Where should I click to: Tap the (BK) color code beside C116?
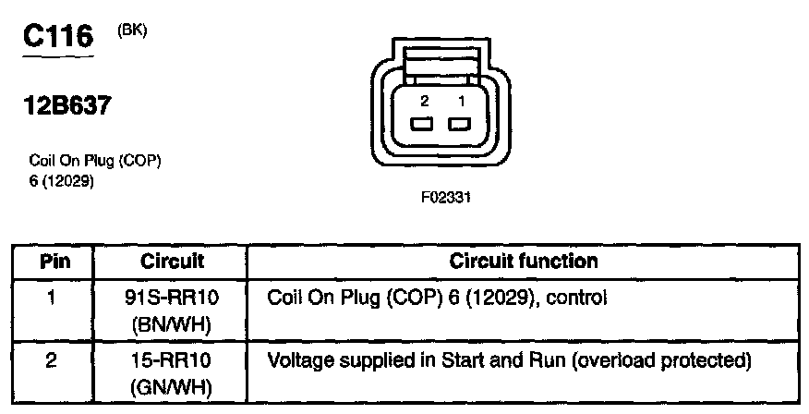[x=132, y=30]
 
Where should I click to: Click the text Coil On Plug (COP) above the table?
[x=96, y=162]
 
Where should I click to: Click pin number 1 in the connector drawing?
[x=459, y=101]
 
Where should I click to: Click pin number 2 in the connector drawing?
[x=424, y=101]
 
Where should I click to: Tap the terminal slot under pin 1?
[x=459, y=125]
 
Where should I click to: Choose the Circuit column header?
[x=172, y=262]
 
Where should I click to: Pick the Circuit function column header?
[x=524, y=262]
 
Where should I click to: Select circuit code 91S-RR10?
[x=172, y=298]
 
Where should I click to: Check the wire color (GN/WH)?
[x=172, y=382]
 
